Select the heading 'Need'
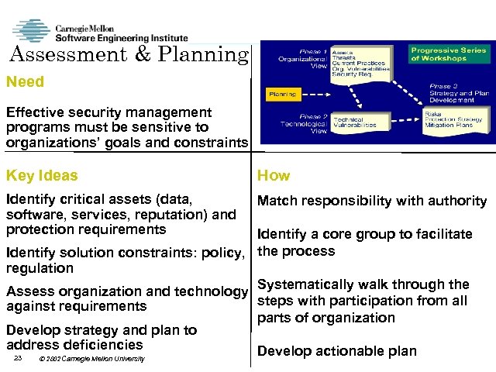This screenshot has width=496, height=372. [x=25, y=81]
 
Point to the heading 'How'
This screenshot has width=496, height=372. [x=274, y=175]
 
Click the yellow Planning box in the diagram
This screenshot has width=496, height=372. [x=282, y=94]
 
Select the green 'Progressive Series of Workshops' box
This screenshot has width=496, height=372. [x=449, y=53]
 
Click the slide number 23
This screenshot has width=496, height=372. [x=18, y=358]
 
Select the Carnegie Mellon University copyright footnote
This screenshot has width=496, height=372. [x=91, y=359]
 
